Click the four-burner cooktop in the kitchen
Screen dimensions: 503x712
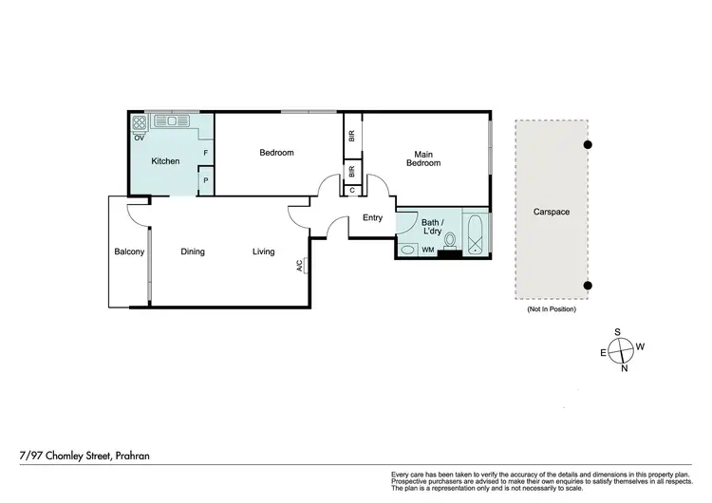point(139,121)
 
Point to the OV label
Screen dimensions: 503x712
point(139,139)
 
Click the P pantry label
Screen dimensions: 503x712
point(204,179)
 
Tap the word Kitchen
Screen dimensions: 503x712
point(165,161)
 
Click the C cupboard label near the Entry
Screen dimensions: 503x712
point(352,191)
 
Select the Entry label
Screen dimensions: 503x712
point(372,217)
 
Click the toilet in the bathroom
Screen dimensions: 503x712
point(451,240)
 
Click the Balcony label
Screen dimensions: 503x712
point(129,251)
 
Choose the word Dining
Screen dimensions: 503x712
point(193,251)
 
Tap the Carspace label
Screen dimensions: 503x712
point(552,212)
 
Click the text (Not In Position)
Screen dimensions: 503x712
point(552,309)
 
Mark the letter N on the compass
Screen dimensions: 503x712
point(624,368)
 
